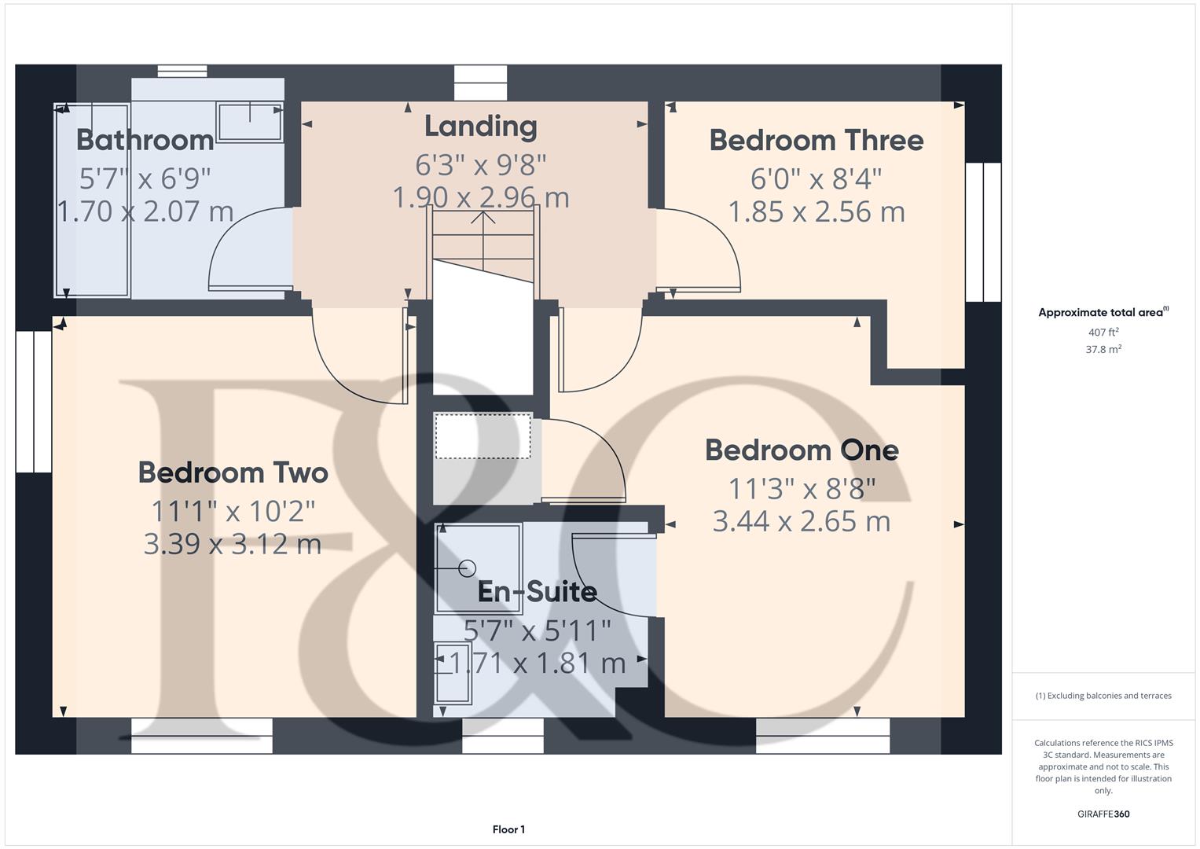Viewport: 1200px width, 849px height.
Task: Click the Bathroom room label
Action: (x=145, y=140)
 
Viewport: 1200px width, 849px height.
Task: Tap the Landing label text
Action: (x=480, y=127)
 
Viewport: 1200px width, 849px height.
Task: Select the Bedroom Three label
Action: (x=817, y=141)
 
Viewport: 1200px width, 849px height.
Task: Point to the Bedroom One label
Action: (x=802, y=450)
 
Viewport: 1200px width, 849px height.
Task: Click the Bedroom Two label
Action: (x=233, y=472)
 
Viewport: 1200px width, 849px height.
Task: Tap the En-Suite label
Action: (x=538, y=592)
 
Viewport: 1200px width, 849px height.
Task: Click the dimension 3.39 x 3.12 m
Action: (x=233, y=545)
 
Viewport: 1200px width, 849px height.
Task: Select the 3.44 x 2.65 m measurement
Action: (x=802, y=521)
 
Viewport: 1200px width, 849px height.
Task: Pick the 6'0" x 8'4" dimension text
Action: (x=816, y=179)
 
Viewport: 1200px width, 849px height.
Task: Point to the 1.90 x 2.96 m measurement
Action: (x=480, y=197)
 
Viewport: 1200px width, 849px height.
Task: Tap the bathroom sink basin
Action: (x=250, y=122)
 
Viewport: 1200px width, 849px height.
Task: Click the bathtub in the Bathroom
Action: (x=92, y=200)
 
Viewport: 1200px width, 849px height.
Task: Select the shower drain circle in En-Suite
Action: (x=467, y=568)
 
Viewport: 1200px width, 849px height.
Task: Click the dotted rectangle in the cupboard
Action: (x=483, y=436)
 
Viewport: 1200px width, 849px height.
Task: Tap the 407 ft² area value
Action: (x=1103, y=332)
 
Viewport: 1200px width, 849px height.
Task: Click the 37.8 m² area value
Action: (x=1103, y=349)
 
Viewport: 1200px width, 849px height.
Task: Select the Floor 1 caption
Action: (x=508, y=829)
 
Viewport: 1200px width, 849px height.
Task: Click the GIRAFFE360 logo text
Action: (x=1103, y=814)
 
